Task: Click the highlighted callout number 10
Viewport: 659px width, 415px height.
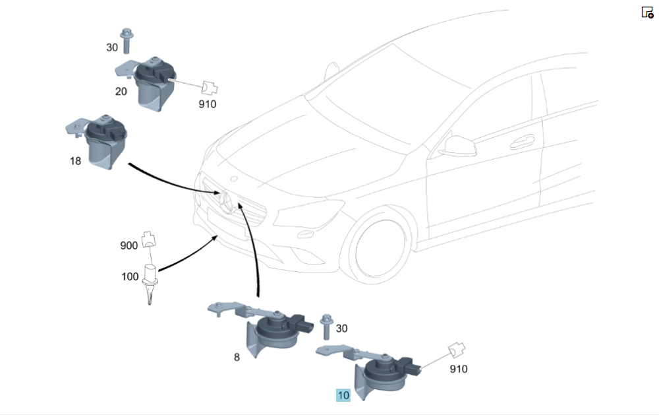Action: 343,395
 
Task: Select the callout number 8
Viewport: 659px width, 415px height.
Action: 237,357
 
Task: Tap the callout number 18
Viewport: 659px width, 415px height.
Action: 76,160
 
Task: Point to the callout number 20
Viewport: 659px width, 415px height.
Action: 121,91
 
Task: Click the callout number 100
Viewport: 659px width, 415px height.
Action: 130,276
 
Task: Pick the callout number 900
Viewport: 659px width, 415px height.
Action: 129,245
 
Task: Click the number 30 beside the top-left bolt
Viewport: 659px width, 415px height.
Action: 112,48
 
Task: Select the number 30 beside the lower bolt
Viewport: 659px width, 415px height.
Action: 341,328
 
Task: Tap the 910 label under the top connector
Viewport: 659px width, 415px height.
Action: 208,104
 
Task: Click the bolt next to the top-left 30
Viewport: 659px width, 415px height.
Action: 126,41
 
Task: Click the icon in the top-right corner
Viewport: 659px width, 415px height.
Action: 647,12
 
